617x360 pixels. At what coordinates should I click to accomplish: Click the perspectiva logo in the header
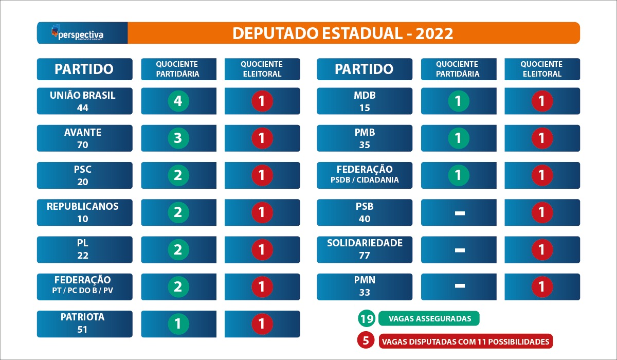click(78, 33)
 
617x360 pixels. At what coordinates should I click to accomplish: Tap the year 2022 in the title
click(434, 33)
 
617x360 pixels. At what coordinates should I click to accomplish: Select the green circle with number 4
click(178, 101)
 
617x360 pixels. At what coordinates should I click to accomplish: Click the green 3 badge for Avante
click(178, 138)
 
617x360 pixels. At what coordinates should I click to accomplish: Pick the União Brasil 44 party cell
click(84, 101)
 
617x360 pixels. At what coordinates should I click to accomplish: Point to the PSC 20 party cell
click(84, 175)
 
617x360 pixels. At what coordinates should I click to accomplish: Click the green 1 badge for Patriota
click(178, 323)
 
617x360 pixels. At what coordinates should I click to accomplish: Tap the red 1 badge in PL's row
click(262, 249)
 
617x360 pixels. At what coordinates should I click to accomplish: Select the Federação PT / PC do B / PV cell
click(84, 287)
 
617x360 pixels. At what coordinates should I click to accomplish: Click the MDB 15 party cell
click(365, 101)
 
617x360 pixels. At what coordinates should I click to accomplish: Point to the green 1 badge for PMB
click(459, 138)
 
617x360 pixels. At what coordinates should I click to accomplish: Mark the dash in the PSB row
click(460, 213)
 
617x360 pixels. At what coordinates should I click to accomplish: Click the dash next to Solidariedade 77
click(460, 250)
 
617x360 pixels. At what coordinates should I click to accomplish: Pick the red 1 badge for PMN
click(542, 287)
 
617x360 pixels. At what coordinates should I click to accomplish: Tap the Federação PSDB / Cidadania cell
click(365, 175)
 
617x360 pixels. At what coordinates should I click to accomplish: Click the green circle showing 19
click(367, 318)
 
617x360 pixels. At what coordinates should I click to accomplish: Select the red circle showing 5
click(366, 340)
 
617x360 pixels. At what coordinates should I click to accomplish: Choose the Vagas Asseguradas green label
click(429, 318)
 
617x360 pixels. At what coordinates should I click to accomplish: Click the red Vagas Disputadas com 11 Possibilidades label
click(466, 341)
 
